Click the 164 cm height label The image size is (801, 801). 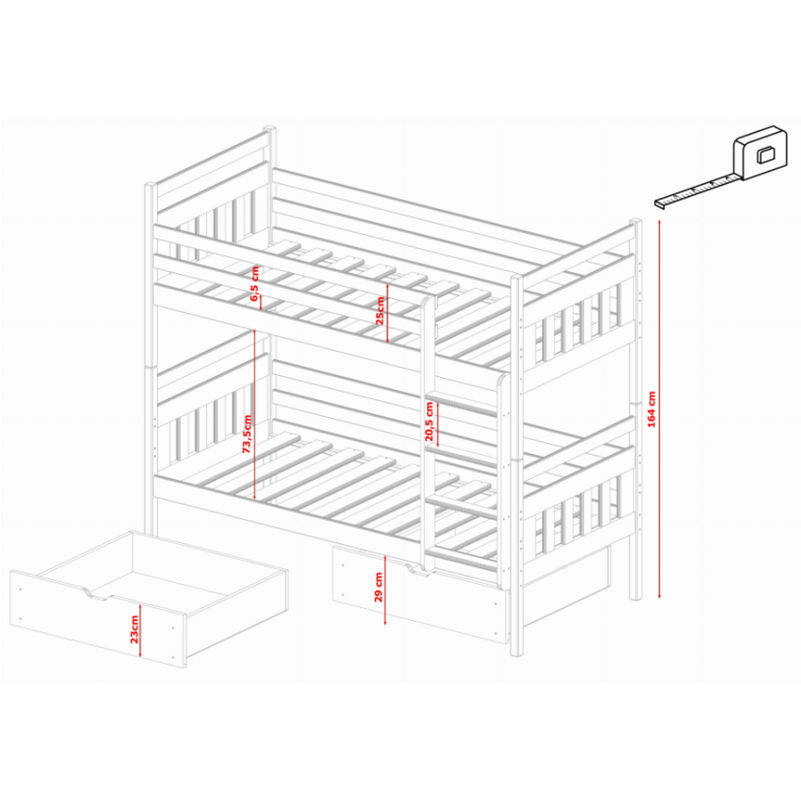click(x=651, y=409)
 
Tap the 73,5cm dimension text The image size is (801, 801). click(x=247, y=434)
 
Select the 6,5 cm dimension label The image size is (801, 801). click(x=255, y=284)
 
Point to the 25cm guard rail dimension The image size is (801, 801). click(x=380, y=311)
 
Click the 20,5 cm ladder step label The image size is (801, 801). click(x=429, y=421)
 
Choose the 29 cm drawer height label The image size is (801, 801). click(x=379, y=587)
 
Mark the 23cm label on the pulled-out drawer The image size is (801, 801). click(x=134, y=630)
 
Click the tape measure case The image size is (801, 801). click(x=759, y=153)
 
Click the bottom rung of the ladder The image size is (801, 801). click(x=462, y=559)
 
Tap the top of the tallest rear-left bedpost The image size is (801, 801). click(x=269, y=129)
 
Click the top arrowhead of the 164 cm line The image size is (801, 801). click(x=659, y=222)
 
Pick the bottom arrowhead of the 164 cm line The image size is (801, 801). click(x=659, y=596)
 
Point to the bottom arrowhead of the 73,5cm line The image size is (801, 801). click(x=255, y=497)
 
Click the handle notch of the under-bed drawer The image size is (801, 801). click(x=415, y=569)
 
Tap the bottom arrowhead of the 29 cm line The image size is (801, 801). click(x=385, y=622)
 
